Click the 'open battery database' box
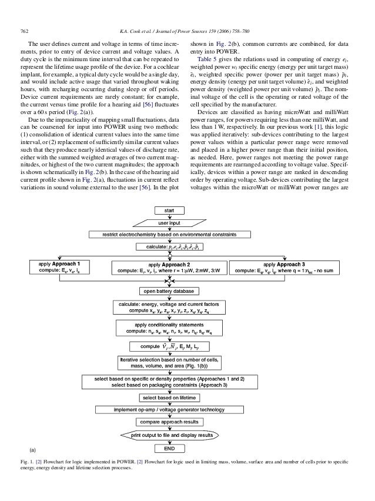pyautogui.click(x=169, y=290)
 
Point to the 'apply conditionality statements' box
pyautogui.click(x=169, y=328)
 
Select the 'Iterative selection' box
pyautogui.click(x=169, y=360)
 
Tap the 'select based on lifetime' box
pyautogui.click(x=169, y=398)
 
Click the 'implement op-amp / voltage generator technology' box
pyautogui.click(x=169, y=409)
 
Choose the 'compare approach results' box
pyautogui.click(x=169, y=422)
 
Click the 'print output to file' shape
pyautogui.click(x=169, y=435)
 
